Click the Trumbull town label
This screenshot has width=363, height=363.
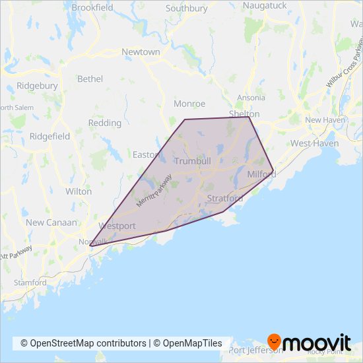(x=192, y=161)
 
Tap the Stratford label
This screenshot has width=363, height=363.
(x=224, y=198)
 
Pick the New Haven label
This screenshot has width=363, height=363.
(x=321, y=120)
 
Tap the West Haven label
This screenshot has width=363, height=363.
(x=315, y=143)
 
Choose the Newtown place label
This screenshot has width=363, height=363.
(x=141, y=51)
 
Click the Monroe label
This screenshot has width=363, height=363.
(x=189, y=104)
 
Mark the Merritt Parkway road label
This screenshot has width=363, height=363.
(x=154, y=191)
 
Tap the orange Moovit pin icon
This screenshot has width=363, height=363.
(x=275, y=342)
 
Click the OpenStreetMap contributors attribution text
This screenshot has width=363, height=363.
(x=83, y=343)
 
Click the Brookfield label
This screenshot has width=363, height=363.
(x=92, y=7)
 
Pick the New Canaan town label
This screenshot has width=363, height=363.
(x=51, y=223)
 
